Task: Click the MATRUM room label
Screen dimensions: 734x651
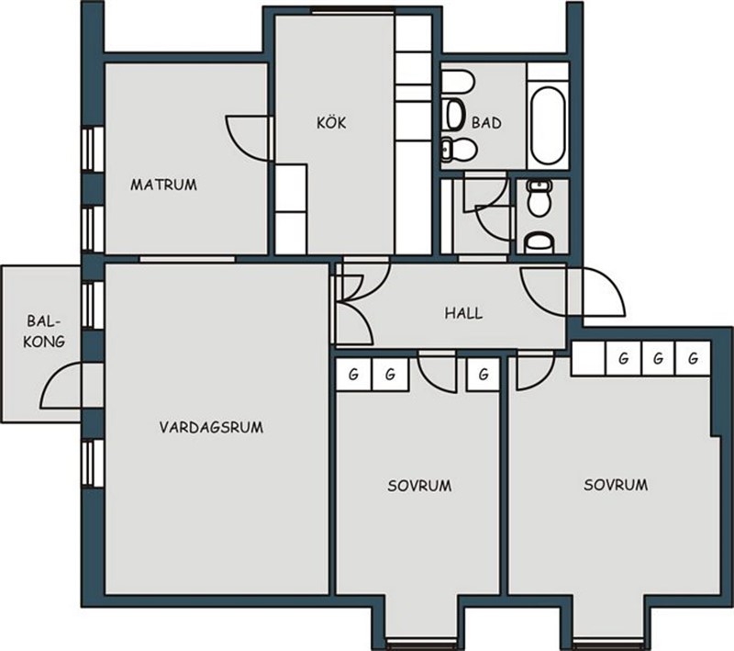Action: tap(163, 185)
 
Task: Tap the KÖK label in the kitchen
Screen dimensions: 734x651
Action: tap(331, 123)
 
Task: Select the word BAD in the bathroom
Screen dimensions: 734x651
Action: tap(486, 123)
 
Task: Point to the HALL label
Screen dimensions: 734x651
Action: tap(463, 313)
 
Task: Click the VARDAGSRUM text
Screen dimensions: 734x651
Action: tap(211, 427)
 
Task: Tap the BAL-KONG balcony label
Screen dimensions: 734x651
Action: tap(44, 331)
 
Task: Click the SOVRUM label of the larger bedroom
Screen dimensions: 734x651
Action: tap(616, 485)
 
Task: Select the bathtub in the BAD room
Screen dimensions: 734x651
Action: tap(547, 125)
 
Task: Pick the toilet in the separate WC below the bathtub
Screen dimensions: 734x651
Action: tap(539, 198)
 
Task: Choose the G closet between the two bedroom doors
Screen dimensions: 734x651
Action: tap(484, 375)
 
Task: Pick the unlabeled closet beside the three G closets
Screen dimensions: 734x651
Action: tap(588, 358)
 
